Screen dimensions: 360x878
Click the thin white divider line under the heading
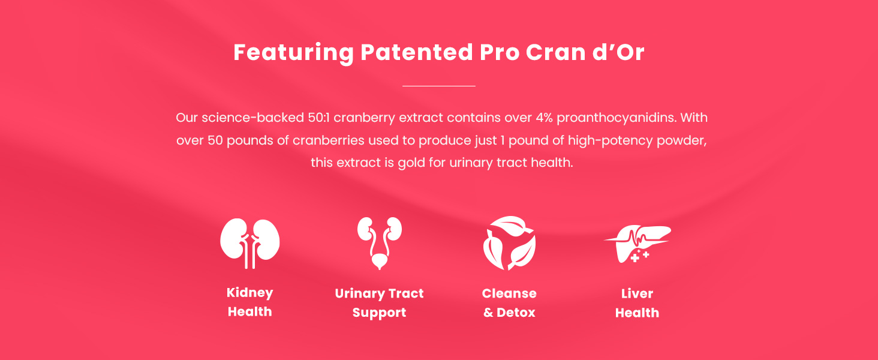pos(438,86)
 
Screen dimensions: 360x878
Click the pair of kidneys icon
pos(249,242)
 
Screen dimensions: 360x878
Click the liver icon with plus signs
pos(636,243)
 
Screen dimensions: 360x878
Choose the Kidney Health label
pos(249,302)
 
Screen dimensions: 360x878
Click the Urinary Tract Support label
pos(379,302)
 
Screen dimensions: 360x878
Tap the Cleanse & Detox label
pos(509,302)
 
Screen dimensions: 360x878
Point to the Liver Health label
pos(637,302)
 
